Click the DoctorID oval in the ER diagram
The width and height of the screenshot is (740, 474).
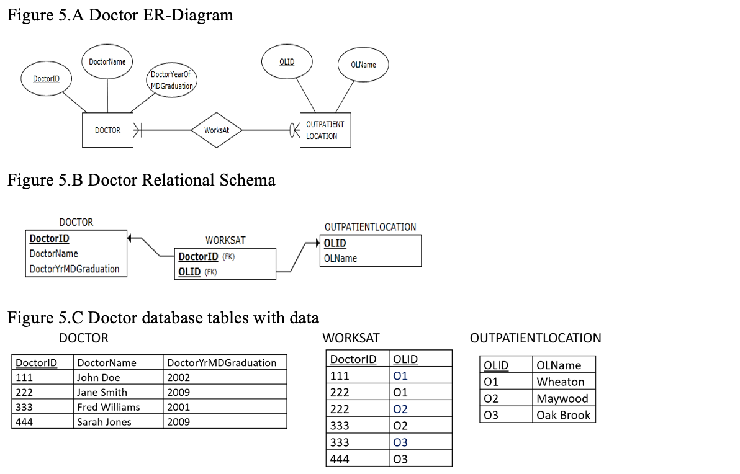[46, 79]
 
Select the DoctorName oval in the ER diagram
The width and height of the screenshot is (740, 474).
[107, 61]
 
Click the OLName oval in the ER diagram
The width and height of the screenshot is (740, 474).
[363, 65]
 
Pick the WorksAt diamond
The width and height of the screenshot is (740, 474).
[217, 130]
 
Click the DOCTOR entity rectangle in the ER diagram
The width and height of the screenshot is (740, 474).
[107, 130]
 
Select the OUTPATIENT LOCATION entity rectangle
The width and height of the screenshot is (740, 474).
[325, 130]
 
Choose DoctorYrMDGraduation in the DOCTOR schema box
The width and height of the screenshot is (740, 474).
[74, 269]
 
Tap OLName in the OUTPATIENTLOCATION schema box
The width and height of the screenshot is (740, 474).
[340, 258]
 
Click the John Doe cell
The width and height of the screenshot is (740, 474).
[98, 377]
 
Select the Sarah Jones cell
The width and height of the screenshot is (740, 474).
[104, 422]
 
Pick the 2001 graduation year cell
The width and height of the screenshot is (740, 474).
[179, 407]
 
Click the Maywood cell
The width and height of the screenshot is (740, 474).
[562, 398]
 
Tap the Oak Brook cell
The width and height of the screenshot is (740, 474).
[563, 415]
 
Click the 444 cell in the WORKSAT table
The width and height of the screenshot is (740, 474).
[340, 459]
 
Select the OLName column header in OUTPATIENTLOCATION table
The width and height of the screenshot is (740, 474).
[559, 365]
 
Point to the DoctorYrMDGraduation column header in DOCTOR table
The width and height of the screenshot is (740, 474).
[222, 362]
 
